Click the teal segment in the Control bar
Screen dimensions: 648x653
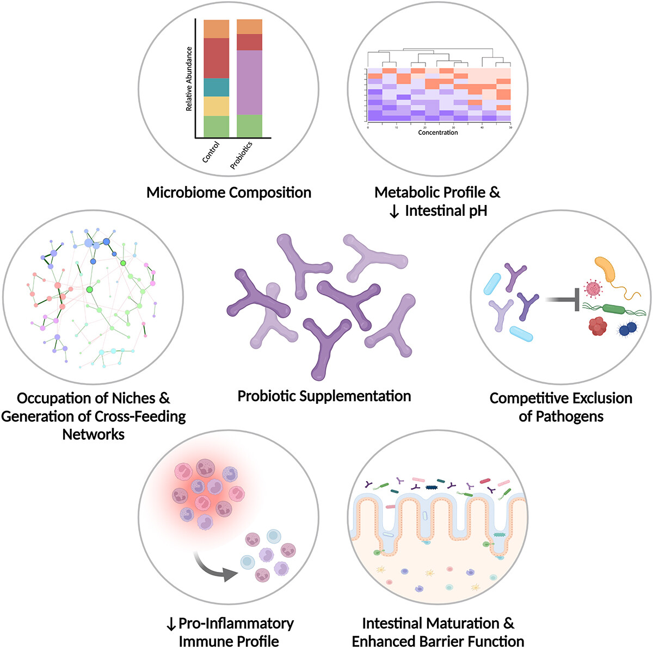pyautogui.click(x=216, y=87)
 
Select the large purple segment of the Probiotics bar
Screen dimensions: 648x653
pyautogui.click(x=249, y=82)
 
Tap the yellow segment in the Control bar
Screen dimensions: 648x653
pyautogui.click(x=216, y=106)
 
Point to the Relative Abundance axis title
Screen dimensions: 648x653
pyautogui.click(x=189, y=79)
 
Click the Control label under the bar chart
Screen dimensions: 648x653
pyautogui.click(x=211, y=152)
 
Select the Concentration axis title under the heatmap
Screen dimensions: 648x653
pyautogui.click(x=438, y=132)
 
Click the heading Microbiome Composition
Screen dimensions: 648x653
pyautogui.click(x=229, y=192)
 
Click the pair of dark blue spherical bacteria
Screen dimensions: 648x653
pyautogui.click(x=627, y=328)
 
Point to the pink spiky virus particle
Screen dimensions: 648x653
pyautogui.click(x=592, y=289)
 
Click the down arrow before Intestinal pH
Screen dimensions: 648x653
pyautogui.click(x=395, y=210)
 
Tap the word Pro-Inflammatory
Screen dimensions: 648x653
pyautogui.click(x=236, y=623)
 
